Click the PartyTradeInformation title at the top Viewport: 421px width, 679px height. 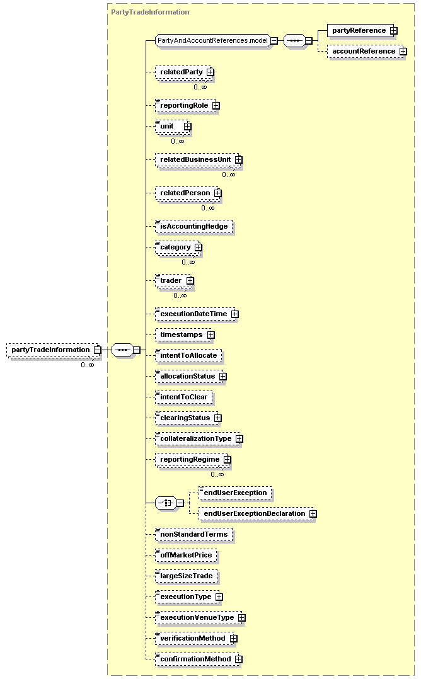click(x=150, y=12)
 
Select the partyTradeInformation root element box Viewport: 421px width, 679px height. click(x=54, y=350)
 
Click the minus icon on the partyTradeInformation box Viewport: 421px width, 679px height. click(x=98, y=350)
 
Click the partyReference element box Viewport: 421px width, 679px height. click(x=360, y=31)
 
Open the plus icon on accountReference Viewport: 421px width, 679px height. click(x=403, y=52)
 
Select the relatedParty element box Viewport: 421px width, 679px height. click(x=184, y=72)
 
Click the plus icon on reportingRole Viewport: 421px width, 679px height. click(x=216, y=106)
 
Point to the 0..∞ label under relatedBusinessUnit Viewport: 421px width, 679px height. click(x=229, y=174)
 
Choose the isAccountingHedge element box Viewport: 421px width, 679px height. click(x=194, y=227)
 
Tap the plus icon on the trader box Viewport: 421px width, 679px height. click(x=190, y=281)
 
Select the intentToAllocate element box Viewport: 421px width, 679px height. click(x=189, y=355)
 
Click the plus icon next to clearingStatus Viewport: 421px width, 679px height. click(x=218, y=418)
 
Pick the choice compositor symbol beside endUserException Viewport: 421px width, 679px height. click(x=166, y=503)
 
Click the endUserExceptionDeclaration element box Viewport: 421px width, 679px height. click(x=257, y=513)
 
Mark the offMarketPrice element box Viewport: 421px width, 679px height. click(x=187, y=555)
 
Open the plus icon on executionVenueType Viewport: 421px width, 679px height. click(x=241, y=617)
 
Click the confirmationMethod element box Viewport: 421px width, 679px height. click(x=198, y=659)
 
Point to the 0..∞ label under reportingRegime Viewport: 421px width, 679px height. click(x=217, y=474)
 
